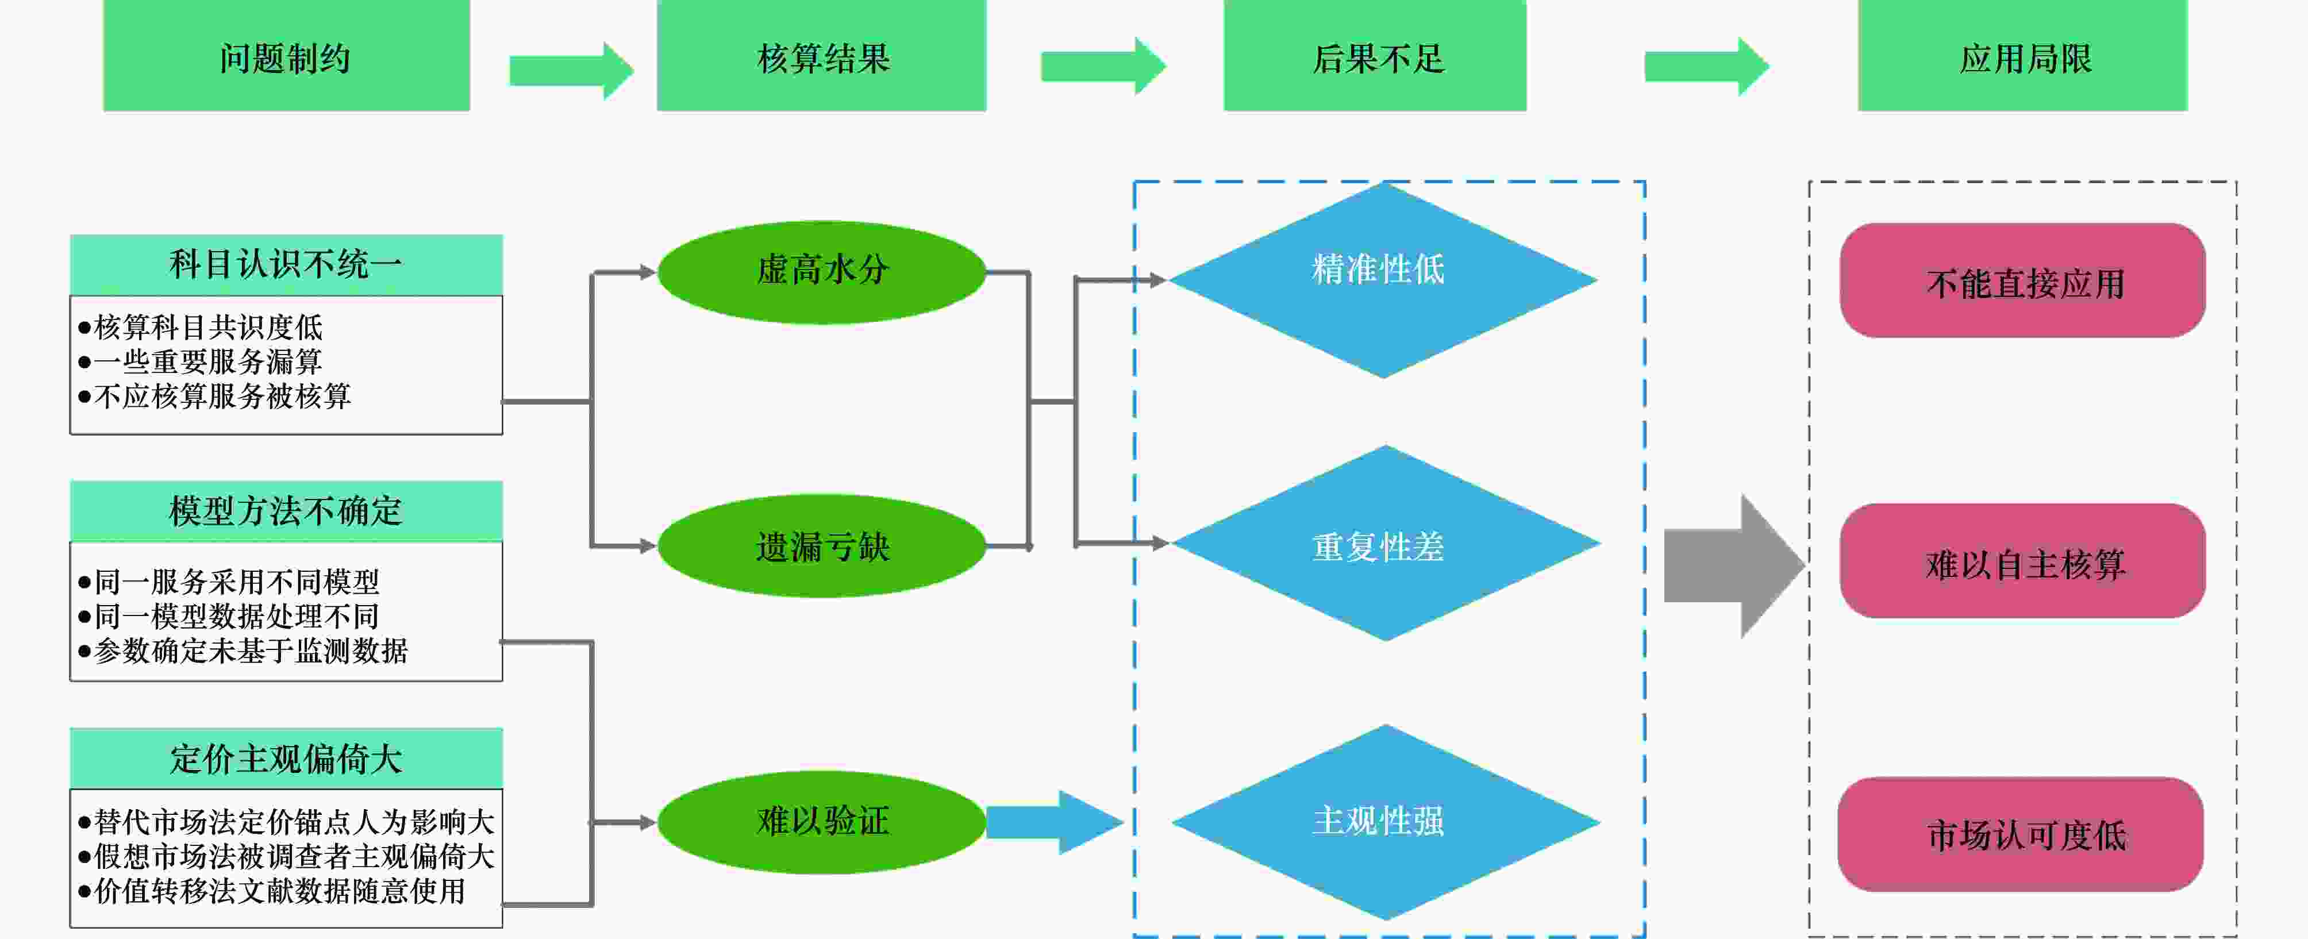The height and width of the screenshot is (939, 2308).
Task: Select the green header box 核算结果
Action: (x=822, y=56)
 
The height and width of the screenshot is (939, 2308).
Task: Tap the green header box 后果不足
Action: (x=1375, y=56)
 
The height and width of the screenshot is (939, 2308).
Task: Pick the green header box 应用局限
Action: (x=2023, y=56)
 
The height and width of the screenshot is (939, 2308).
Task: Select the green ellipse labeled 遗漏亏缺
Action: (x=822, y=546)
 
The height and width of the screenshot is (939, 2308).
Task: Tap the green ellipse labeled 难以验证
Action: (x=822, y=822)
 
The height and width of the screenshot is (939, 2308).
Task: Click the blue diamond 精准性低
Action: (x=1383, y=279)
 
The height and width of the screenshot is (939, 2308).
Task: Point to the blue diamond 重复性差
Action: (x=1385, y=543)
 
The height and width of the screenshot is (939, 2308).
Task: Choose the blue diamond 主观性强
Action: (x=1385, y=822)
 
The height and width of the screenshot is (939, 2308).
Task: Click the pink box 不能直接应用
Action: (x=2023, y=280)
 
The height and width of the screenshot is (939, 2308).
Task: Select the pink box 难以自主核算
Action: (x=2023, y=561)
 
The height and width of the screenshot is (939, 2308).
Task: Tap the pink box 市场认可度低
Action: (x=2021, y=834)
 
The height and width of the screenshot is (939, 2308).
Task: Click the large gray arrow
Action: (x=1734, y=566)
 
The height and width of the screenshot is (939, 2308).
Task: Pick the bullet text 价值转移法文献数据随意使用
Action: (x=271, y=891)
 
